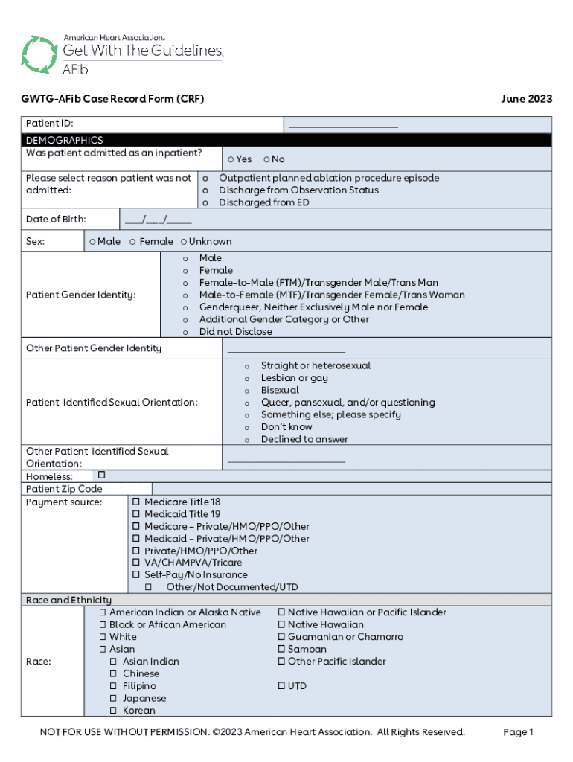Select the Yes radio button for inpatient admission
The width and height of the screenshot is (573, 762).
click(x=231, y=159)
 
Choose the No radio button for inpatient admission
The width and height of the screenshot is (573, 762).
click(x=266, y=159)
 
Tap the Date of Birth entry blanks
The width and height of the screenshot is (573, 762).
click(x=158, y=220)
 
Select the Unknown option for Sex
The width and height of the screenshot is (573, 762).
click(x=184, y=242)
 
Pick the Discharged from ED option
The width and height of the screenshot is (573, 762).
click(x=206, y=202)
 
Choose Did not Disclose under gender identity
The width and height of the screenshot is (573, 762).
click(x=185, y=332)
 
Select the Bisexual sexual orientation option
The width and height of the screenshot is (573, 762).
click(x=247, y=391)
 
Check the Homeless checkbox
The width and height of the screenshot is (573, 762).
click(x=101, y=475)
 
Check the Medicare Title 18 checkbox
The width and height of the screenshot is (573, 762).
click(x=136, y=502)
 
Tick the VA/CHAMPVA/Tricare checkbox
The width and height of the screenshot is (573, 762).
click(x=136, y=563)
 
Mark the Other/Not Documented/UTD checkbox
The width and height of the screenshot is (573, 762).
click(x=148, y=587)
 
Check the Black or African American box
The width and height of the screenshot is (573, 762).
click(x=103, y=625)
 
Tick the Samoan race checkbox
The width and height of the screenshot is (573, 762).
click(x=281, y=650)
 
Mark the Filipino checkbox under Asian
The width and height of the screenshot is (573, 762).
click(x=115, y=686)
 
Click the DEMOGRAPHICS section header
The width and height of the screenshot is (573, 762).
click(x=65, y=140)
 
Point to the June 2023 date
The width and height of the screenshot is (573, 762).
click(x=527, y=99)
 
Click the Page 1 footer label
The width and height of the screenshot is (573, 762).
click(x=519, y=732)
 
